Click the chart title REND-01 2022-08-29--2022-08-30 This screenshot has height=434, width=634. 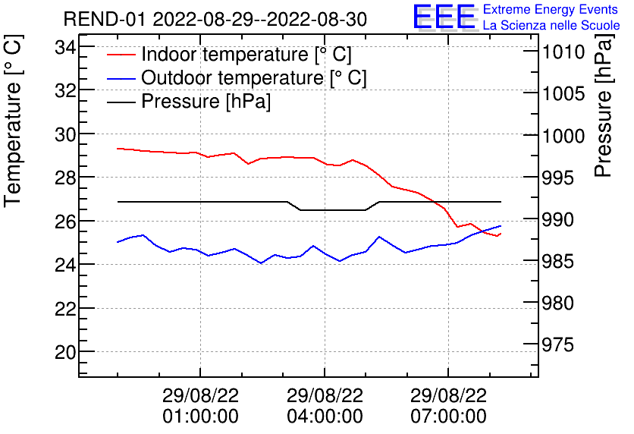coord(215,19)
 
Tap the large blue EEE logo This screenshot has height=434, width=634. coord(444,17)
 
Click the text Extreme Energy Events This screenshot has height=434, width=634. coord(551,10)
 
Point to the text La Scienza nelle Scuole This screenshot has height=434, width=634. coord(551,26)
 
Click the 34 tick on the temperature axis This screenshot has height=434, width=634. coord(66,47)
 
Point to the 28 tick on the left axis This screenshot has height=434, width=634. coord(66,178)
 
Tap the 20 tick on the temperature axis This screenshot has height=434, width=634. coord(66,352)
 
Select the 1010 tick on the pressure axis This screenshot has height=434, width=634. coord(562,52)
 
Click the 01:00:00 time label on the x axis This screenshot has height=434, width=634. coord(200,416)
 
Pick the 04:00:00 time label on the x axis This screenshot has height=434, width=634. coord(325,416)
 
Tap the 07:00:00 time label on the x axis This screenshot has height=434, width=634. coord(448,416)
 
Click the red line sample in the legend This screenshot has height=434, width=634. coord(121,55)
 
